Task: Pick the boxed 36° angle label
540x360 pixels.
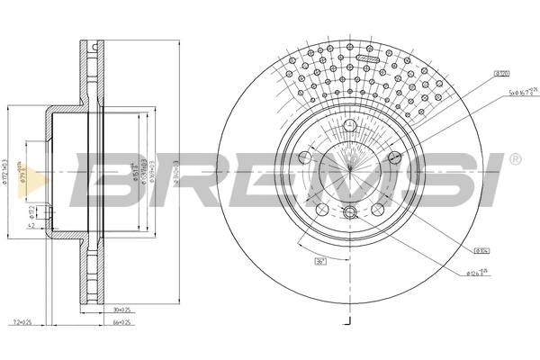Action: tap(319, 262)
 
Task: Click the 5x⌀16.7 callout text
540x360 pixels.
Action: tap(520, 91)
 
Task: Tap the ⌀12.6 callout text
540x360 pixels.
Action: tap(478, 272)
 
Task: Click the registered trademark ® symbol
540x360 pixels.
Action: tap(514, 159)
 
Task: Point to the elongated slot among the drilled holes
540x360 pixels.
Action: tap(369, 58)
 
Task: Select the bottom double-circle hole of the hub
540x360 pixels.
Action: tap(349, 212)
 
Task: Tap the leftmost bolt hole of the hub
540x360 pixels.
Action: tap(304, 158)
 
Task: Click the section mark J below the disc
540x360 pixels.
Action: tap(348, 319)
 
